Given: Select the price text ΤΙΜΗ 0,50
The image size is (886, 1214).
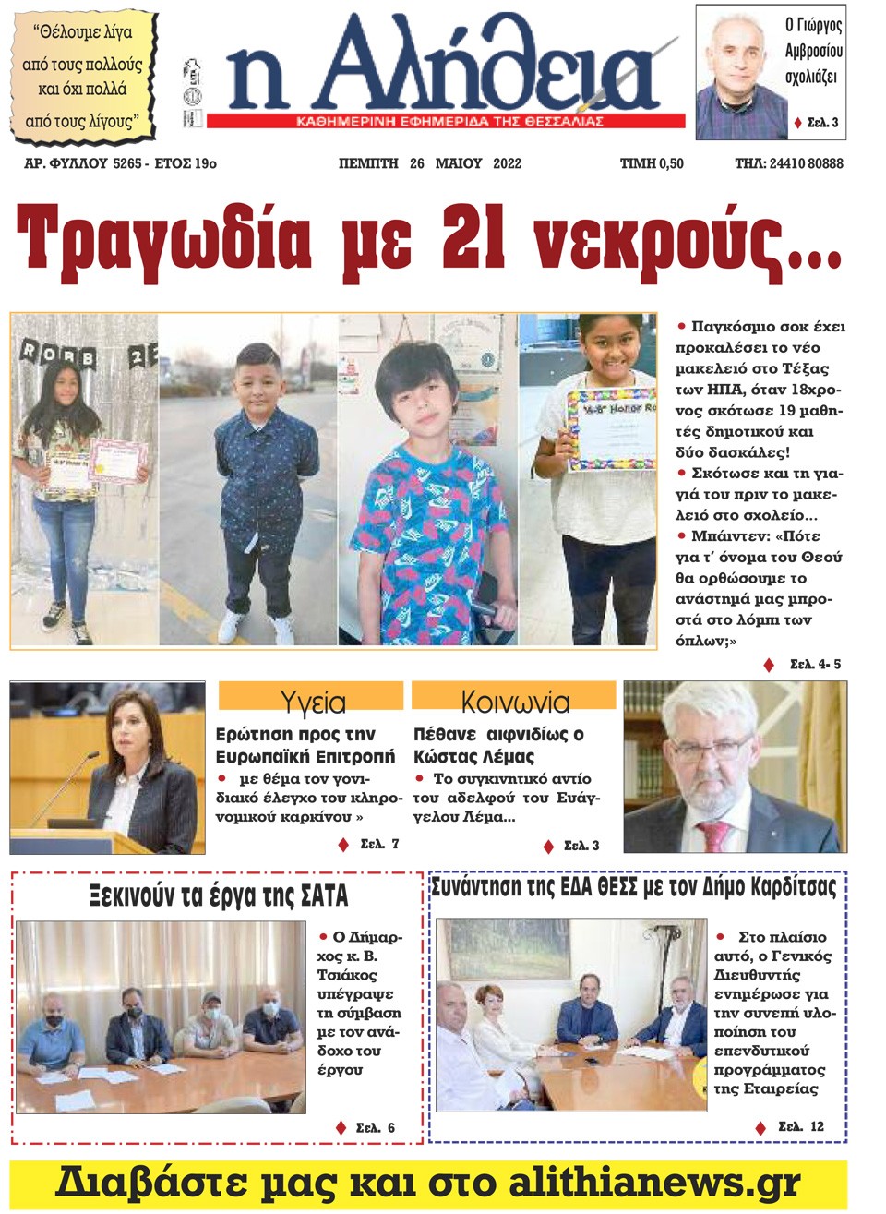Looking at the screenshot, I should tap(652, 163).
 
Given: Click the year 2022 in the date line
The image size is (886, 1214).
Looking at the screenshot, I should tap(507, 163).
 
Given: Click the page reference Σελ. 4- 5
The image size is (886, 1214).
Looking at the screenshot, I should tap(815, 664).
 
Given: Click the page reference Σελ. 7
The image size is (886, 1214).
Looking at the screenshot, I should tap(379, 844).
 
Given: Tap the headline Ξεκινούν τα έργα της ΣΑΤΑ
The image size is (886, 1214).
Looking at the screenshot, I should tap(219, 895).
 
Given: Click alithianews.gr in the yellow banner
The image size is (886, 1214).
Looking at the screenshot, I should tap(654, 1183).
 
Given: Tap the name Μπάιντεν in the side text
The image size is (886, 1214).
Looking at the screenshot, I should tap(729, 536).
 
